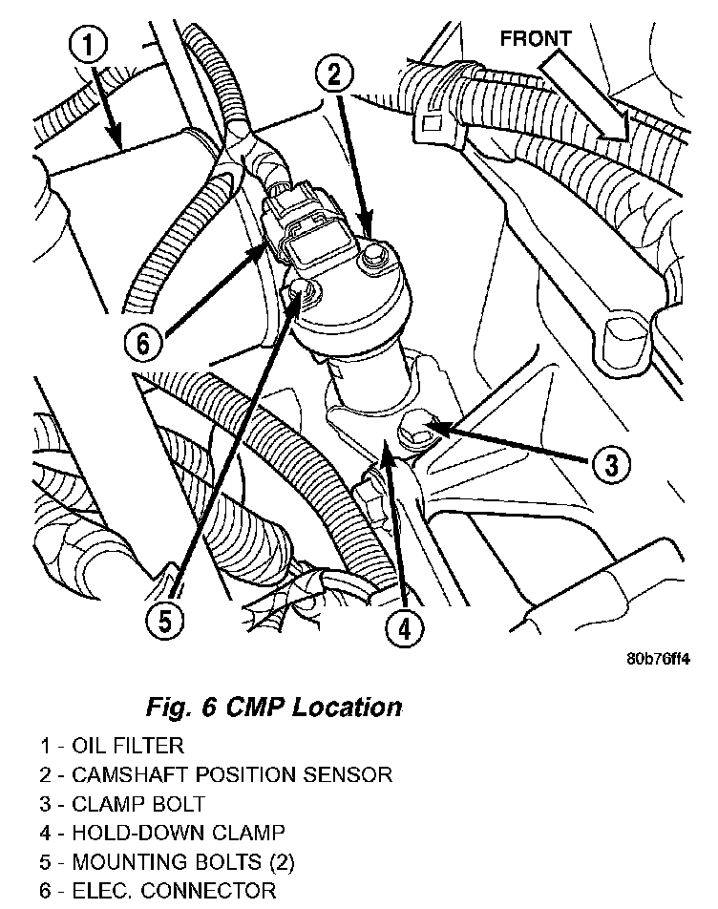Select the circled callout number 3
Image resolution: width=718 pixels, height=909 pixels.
click(x=610, y=464)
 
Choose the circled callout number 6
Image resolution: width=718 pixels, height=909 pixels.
click(x=143, y=341)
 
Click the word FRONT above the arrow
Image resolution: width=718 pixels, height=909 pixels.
click(x=536, y=39)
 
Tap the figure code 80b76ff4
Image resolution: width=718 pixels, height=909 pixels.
click(x=658, y=659)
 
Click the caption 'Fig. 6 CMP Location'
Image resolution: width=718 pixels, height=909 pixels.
click(x=273, y=708)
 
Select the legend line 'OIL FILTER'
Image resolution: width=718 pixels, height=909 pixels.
click(x=112, y=745)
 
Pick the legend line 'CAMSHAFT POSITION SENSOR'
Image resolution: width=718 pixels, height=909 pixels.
click(x=216, y=774)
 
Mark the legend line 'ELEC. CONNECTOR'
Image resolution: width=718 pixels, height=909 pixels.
click(x=158, y=893)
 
